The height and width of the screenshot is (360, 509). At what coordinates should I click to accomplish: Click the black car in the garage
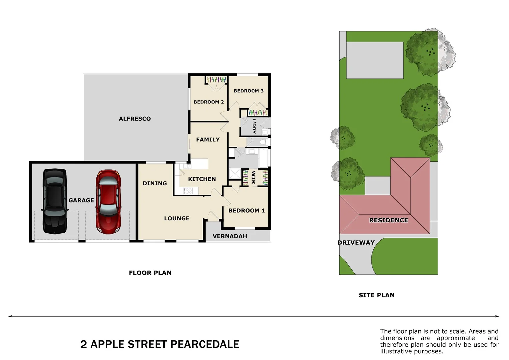[55, 201]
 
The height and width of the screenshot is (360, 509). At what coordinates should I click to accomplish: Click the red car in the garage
[108, 201]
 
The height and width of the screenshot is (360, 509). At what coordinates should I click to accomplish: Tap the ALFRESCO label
[135, 119]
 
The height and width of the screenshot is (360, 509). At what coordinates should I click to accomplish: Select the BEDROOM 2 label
[209, 102]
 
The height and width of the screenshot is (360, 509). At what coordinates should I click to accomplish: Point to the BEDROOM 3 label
[249, 91]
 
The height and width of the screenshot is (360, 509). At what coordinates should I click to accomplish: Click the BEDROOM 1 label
[247, 211]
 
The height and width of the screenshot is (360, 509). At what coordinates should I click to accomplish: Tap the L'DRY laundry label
[254, 126]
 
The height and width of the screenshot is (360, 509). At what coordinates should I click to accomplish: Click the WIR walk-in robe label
[254, 177]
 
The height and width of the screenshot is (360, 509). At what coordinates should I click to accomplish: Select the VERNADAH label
[230, 236]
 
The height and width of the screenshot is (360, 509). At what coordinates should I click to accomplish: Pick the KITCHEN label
[202, 179]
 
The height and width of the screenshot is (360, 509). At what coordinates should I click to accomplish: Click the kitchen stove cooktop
[188, 191]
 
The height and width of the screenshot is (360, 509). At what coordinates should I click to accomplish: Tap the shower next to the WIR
[235, 174]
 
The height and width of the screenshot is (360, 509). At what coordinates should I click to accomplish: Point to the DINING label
[155, 183]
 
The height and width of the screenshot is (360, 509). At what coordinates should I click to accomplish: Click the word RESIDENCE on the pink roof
[388, 220]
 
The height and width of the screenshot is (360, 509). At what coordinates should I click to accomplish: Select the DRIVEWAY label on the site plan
[356, 243]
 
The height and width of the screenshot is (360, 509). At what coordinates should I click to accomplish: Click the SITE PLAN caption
[376, 295]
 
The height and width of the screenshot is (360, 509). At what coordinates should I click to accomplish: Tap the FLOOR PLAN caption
[150, 273]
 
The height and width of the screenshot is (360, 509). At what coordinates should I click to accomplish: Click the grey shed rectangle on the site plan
[375, 60]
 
